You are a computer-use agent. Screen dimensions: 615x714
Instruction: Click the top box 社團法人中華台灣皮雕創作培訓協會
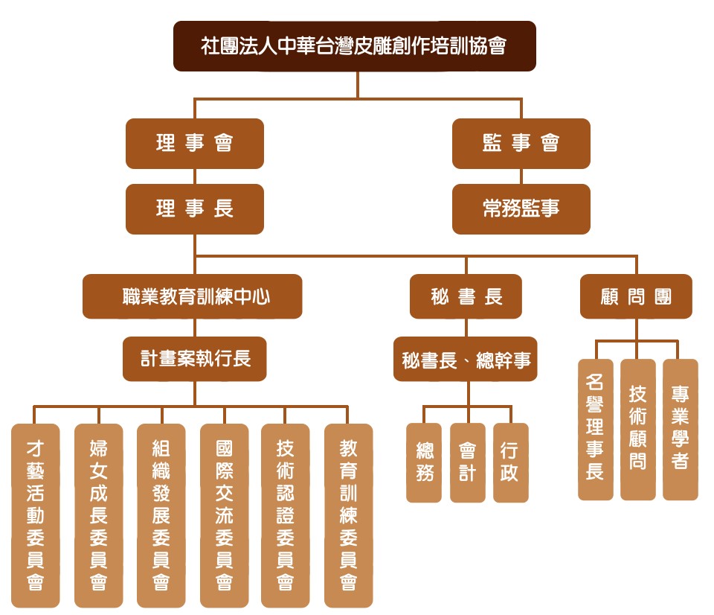[354, 46]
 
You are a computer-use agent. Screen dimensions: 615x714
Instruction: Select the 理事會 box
[195, 143]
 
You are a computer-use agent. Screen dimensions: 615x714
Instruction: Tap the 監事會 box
[521, 143]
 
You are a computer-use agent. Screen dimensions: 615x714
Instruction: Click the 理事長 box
[195, 208]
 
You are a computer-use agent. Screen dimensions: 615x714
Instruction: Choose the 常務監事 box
[521, 208]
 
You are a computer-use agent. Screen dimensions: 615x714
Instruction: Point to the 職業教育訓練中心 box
[193, 296]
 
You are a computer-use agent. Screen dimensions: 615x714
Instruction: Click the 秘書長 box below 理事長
[466, 296]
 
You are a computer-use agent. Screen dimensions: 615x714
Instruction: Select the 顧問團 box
[636, 296]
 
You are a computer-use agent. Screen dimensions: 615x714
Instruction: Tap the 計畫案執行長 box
[195, 358]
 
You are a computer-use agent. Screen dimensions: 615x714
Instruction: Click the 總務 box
[424, 462]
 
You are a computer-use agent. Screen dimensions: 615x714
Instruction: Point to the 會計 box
[467, 462]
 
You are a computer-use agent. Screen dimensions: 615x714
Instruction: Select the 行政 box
[510, 462]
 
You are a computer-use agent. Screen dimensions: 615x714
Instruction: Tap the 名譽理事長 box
[595, 430]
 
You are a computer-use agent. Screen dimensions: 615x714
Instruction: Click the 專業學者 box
[680, 430]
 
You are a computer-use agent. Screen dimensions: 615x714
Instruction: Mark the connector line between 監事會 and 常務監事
[521, 176]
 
